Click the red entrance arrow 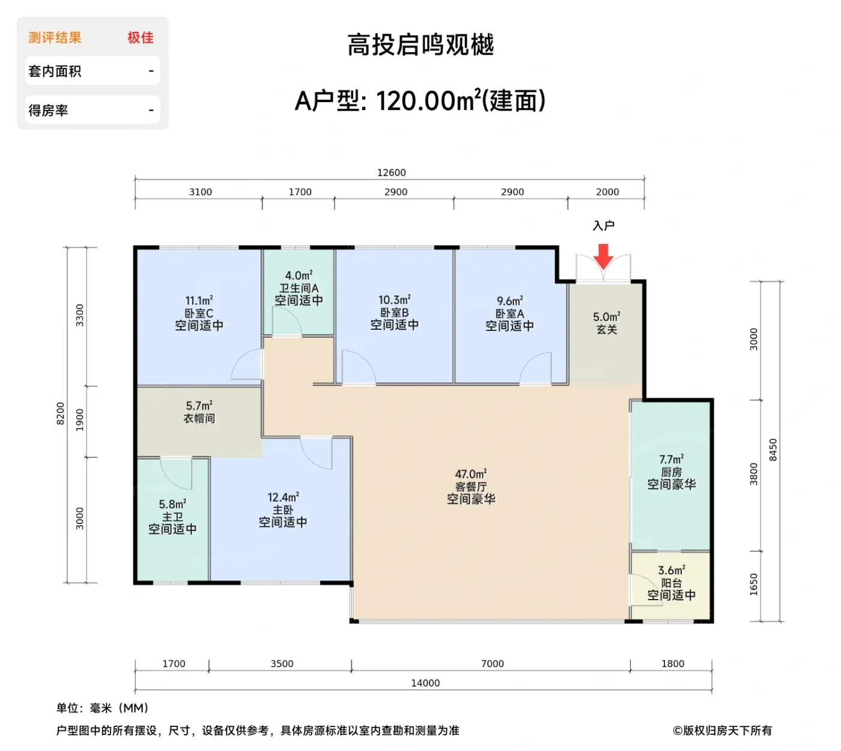[603, 256]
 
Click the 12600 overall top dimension [391, 173]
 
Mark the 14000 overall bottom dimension [425, 683]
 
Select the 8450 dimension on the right [773, 450]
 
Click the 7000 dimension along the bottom [492, 664]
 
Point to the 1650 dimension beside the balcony [754, 585]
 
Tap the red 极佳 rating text [141, 38]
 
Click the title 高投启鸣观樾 [421, 45]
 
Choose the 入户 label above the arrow [603, 226]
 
